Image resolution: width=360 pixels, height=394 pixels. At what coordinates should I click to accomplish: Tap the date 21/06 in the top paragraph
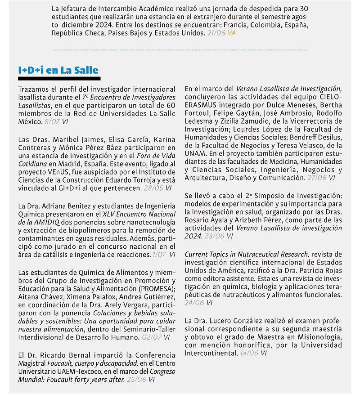(x=217, y=33)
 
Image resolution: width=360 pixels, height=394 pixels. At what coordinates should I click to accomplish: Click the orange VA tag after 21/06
(x=231, y=33)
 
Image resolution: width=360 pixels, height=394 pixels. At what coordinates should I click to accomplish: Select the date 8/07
(x=53, y=121)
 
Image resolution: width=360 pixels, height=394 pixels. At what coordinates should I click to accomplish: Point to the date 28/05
(x=156, y=188)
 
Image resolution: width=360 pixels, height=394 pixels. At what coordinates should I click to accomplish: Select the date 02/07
(x=149, y=336)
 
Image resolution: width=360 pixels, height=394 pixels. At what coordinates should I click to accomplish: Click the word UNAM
(x=194, y=153)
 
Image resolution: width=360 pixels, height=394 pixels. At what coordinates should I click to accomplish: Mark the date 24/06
(x=193, y=303)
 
